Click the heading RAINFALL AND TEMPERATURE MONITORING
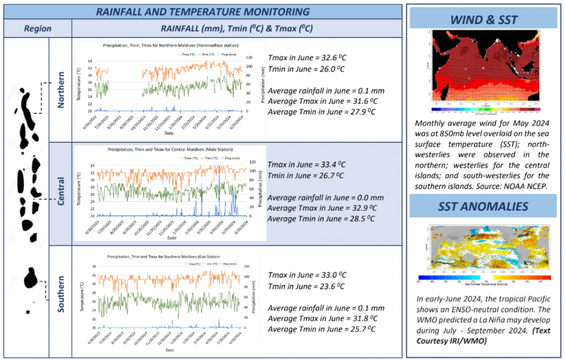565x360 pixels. [202, 12]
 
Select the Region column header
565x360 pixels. [38, 29]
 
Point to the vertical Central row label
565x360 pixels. [62, 191]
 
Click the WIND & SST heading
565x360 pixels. [484, 20]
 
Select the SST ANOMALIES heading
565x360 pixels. [484, 207]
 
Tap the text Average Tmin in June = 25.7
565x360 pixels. [322, 329]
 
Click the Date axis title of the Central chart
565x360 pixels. [172, 238]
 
